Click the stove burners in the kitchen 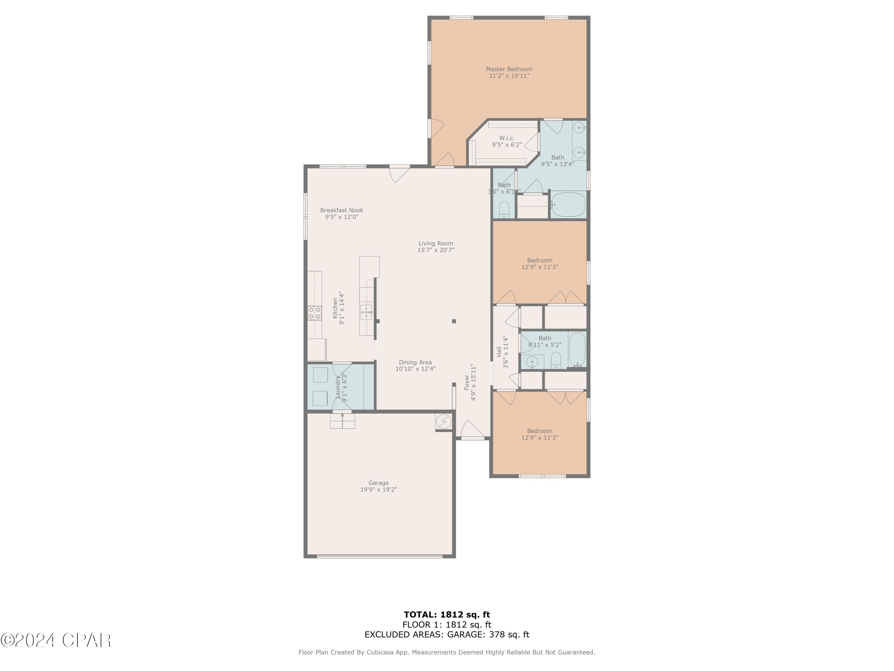314,313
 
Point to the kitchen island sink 366,312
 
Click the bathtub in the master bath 568,205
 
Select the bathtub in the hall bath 577,350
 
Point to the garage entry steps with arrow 342,420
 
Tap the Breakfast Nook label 342,210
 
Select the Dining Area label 415,362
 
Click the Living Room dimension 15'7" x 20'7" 436,250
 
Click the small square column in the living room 454,321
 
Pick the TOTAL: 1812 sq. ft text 447,615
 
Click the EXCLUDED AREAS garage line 447,634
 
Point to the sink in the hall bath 532,361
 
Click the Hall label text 499,352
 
